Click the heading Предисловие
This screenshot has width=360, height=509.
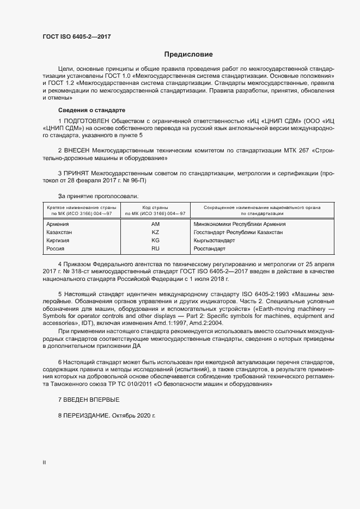[188, 55]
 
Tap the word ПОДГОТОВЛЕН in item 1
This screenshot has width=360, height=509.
[88, 120]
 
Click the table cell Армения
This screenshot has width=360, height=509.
[58, 224]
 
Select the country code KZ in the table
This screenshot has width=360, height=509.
[155, 232]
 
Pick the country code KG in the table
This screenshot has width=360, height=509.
[155, 240]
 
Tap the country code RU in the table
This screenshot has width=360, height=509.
[155, 248]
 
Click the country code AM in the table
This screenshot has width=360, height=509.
[155, 224]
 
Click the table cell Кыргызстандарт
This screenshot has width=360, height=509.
[214, 240]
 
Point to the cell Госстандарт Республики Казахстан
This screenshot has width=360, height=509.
[238, 232]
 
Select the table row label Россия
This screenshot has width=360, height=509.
[56, 248]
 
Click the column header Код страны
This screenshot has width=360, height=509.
[155, 207]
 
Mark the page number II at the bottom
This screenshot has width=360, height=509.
[44, 463]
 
